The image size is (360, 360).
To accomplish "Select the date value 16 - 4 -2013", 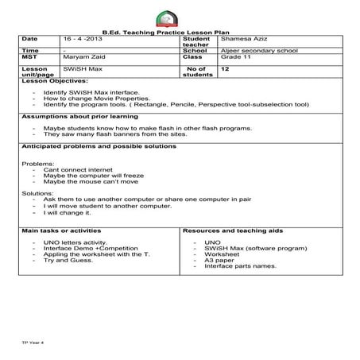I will click(x=83, y=37).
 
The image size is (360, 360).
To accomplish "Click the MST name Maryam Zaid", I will click(x=84, y=57).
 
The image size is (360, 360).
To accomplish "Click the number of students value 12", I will click(x=226, y=69).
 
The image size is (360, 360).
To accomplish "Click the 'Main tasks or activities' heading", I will click(x=62, y=230).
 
